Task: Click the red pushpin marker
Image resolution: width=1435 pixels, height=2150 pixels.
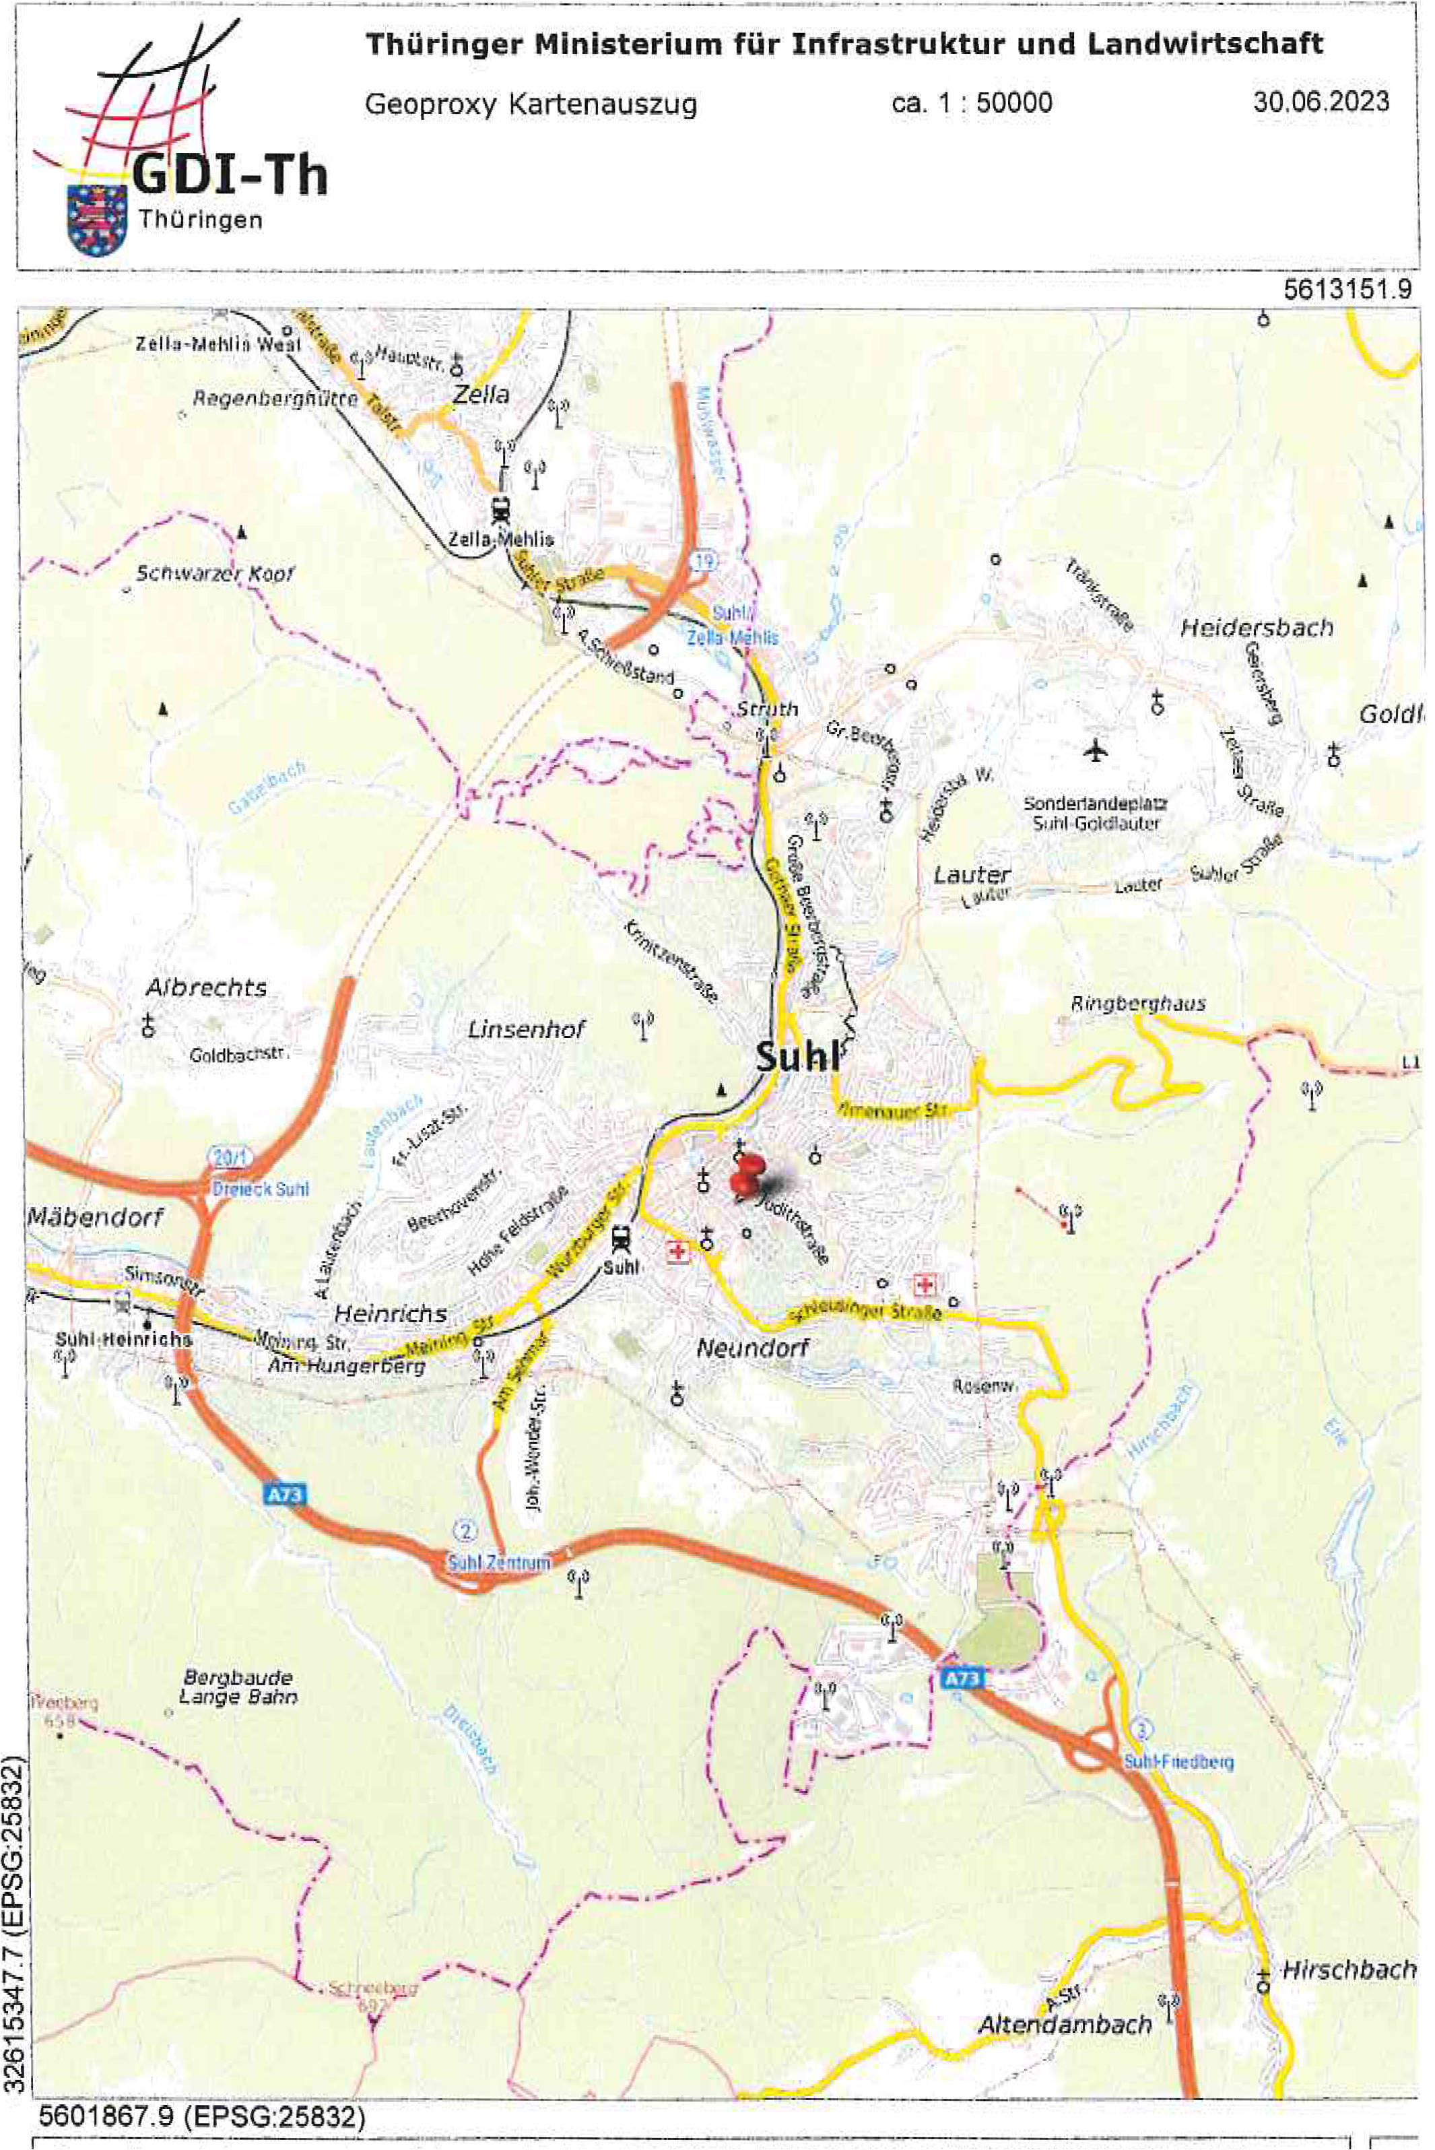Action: pos(747,1176)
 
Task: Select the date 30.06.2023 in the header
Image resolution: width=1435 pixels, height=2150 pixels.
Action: pos(1321,102)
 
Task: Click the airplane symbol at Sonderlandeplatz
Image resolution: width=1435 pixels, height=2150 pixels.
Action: pos(1096,750)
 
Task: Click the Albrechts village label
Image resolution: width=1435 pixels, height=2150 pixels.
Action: pos(207,987)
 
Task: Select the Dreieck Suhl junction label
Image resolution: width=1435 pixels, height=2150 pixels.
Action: pos(260,1190)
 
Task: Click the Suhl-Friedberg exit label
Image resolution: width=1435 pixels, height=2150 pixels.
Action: pos(1178,1761)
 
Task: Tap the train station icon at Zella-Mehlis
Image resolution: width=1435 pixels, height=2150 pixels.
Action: pos(500,507)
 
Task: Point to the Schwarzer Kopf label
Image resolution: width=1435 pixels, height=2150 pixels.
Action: pos(215,574)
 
